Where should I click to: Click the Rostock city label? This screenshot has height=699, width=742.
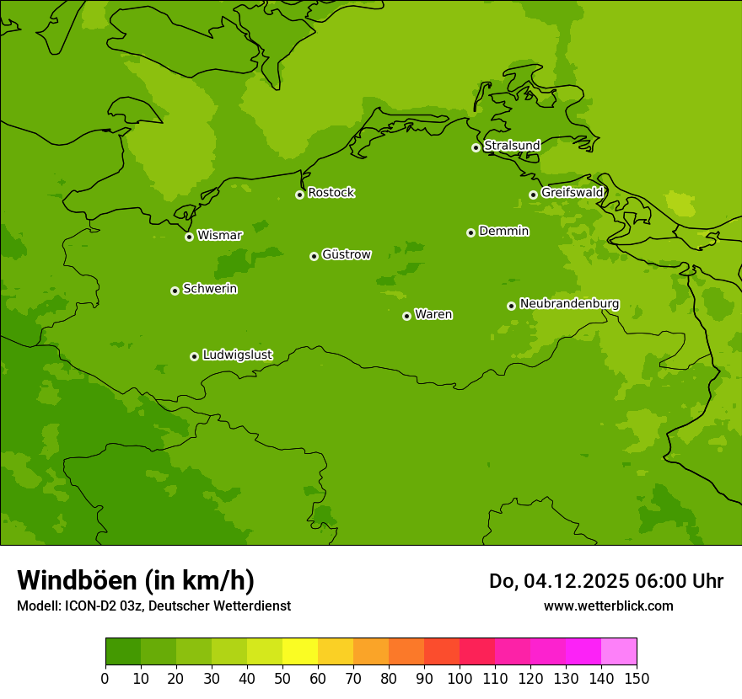point(331,193)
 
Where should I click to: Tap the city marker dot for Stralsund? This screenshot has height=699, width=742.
point(476,147)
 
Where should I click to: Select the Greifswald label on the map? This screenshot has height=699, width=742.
point(572,193)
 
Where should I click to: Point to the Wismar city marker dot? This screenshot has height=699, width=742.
point(189,237)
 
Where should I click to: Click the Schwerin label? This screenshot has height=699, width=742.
point(210,289)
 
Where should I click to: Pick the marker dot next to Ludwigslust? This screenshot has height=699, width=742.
point(194,356)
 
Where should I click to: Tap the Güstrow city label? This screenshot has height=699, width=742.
point(346,254)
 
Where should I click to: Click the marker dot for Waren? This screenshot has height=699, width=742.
point(406,316)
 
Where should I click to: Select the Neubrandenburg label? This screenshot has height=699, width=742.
point(569,304)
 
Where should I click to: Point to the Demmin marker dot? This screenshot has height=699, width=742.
point(470,232)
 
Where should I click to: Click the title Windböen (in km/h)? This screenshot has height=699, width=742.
point(136,580)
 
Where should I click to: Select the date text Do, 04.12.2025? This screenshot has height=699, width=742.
point(557,581)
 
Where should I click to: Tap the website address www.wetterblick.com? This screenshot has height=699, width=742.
point(608,606)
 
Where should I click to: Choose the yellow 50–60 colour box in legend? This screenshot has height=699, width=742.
point(300,652)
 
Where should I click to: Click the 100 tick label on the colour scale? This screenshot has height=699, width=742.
point(460,678)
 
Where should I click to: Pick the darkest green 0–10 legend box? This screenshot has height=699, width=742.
point(123,652)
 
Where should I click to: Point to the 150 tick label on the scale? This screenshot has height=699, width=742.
point(637,678)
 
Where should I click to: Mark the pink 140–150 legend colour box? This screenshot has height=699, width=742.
point(619,652)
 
